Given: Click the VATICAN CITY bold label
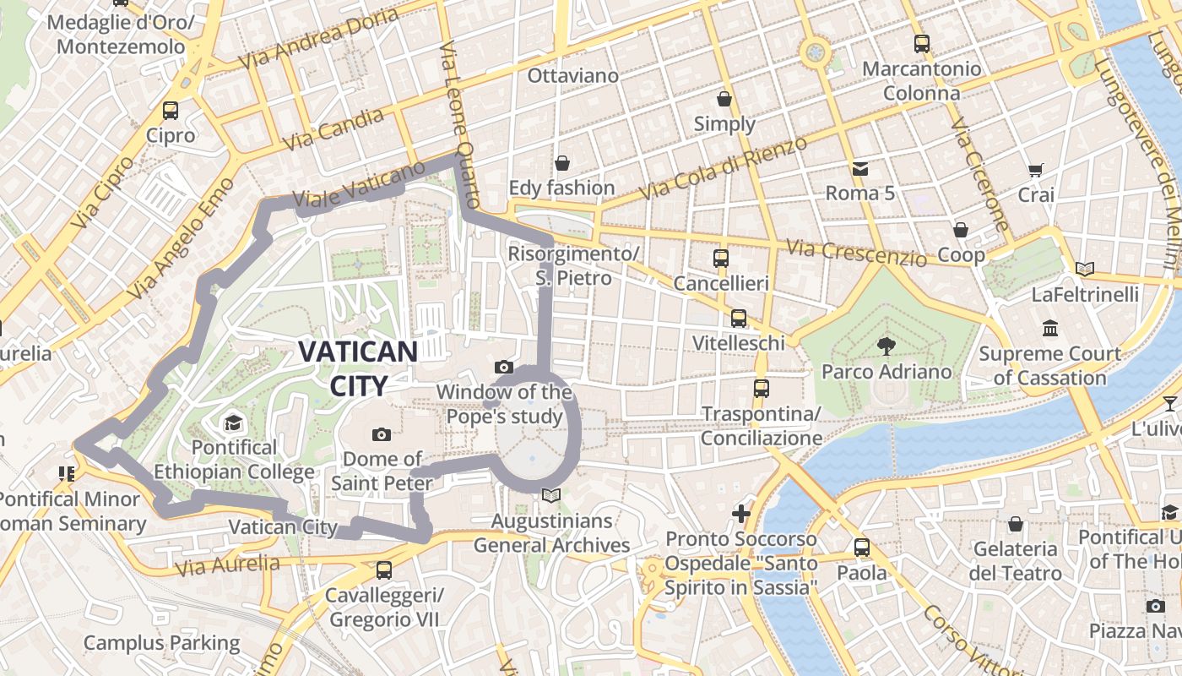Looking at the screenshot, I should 358,368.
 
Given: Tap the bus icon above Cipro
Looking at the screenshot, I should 171,111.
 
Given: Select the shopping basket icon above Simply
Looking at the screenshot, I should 724,99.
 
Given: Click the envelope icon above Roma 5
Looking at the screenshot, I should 859,168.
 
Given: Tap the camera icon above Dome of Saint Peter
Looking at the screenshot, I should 382,434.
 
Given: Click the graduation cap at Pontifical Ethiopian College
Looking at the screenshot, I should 233,422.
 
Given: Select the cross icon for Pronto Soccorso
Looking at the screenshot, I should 740,513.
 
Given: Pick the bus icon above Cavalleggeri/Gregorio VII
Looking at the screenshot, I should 384,570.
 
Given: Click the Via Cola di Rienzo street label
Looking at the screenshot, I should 723,168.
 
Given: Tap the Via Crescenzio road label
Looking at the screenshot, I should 856,252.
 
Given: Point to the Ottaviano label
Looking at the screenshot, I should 573,75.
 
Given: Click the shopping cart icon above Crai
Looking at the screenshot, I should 1035,170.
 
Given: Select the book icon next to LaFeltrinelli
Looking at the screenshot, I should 1085,270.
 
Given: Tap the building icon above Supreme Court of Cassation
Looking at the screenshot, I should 1050,328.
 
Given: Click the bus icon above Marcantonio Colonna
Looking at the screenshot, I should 922,43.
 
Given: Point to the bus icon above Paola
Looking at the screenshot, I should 861,547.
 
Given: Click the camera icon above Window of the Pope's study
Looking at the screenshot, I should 504,367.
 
